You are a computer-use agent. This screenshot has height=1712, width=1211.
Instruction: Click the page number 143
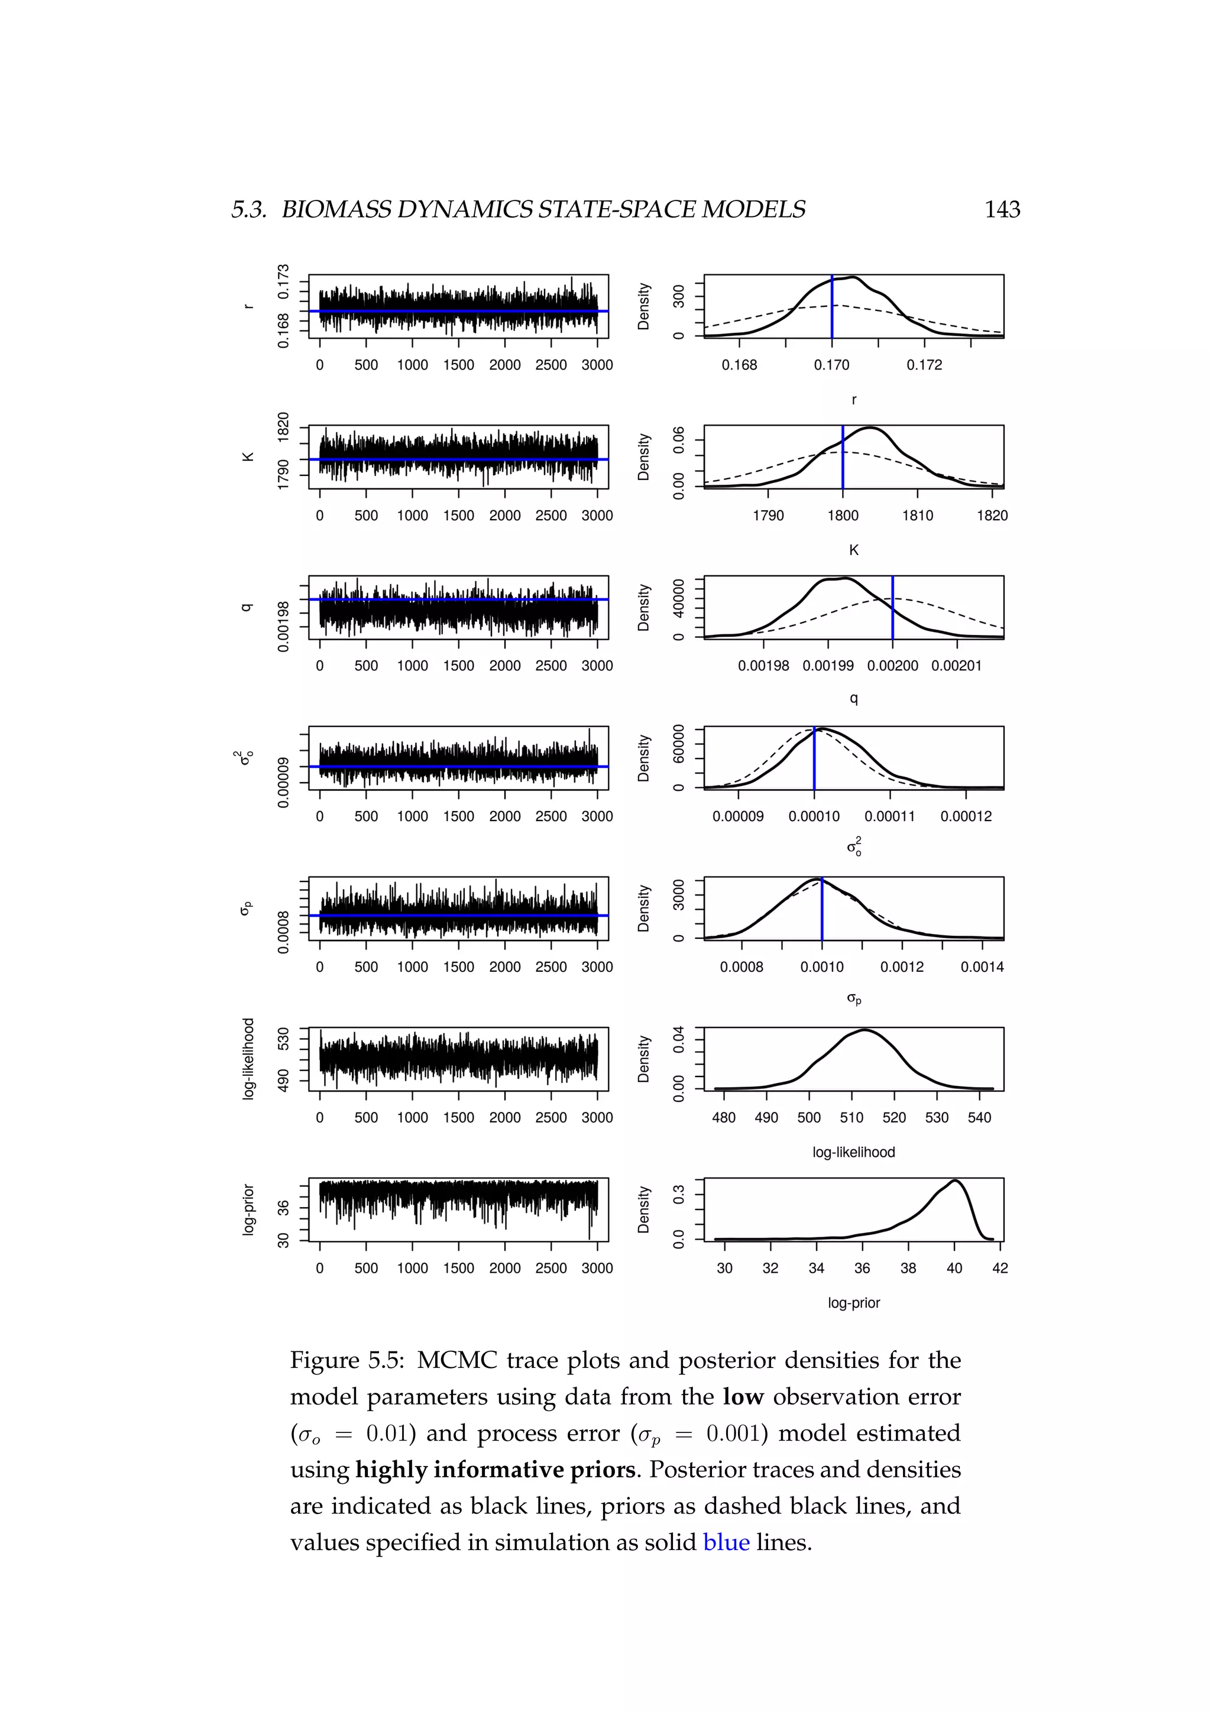pos(1002,209)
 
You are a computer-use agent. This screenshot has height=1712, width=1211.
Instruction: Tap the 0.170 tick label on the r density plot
pos(831,365)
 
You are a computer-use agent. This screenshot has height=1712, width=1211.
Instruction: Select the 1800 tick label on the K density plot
pos(843,515)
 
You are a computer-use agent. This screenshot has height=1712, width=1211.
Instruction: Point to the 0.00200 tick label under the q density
pos(893,666)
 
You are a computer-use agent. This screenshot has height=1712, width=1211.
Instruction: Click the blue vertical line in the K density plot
pos(843,462)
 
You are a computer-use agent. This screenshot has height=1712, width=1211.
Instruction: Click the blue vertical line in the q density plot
pos(893,611)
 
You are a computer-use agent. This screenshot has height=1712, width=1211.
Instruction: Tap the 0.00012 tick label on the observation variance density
pos(966,816)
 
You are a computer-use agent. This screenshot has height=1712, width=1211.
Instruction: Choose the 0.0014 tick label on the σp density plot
pos(982,967)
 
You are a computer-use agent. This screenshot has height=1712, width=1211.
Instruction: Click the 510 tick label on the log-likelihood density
pos(851,1118)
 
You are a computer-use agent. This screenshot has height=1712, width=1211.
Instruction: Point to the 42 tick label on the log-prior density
pos(1000,1269)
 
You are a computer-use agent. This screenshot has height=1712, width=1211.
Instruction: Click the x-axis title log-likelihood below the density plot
pos(853,1152)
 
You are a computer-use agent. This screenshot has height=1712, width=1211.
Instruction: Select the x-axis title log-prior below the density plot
pos(854,1303)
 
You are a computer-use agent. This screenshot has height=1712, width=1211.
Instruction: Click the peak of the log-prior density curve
pos(955,1181)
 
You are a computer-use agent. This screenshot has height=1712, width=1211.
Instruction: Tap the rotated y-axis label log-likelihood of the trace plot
pos(248,1059)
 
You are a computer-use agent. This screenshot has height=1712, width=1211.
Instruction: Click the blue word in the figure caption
pos(726,1542)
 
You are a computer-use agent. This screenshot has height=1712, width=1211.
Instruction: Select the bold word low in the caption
pos(743,1396)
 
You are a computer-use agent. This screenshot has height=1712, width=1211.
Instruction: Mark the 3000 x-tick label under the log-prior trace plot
pos(597,1269)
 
